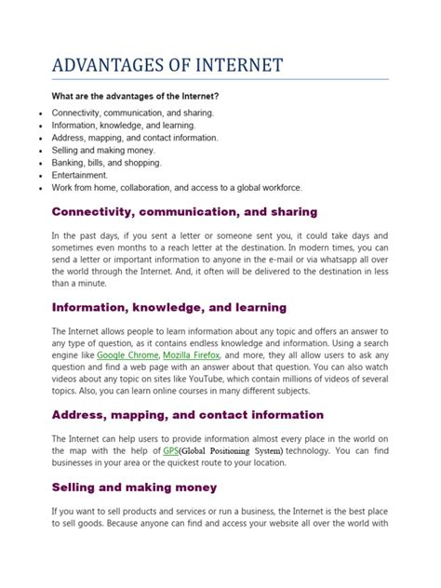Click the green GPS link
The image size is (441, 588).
tap(171, 450)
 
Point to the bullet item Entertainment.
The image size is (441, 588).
tap(80, 174)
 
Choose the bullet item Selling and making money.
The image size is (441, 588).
tap(103, 149)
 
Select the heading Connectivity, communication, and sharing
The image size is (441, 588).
tap(184, 211)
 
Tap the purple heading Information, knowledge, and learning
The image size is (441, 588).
tap(168, 307)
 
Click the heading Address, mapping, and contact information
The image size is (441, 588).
tap(188, 414)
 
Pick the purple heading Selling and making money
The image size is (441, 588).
tap(134, 487)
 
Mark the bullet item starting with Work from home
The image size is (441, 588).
tap(165, 187)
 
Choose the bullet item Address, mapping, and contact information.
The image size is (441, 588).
tap(135, 137)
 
